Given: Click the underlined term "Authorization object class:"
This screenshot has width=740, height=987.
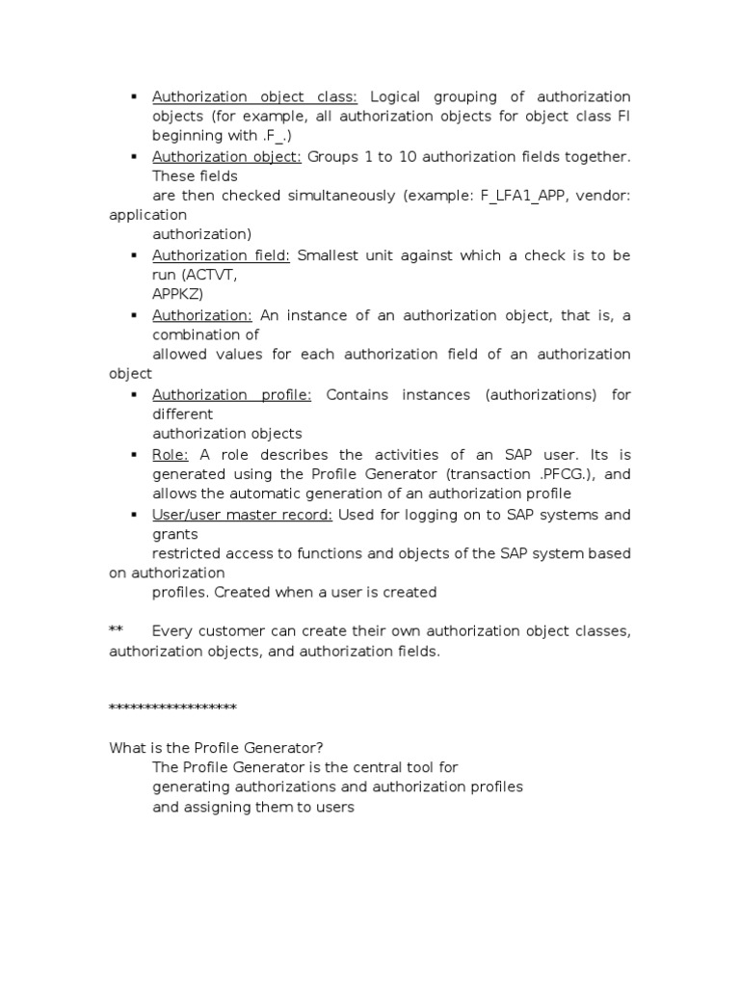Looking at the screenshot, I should coord(254,96).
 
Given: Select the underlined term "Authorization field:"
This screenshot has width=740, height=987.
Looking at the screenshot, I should coord(221,255).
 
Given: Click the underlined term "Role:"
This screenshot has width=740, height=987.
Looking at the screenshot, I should coord(171,455).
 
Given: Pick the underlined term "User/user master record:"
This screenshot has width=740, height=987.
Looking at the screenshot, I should coord(242,515).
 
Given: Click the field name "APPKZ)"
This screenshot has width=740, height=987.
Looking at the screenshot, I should coord(178,294).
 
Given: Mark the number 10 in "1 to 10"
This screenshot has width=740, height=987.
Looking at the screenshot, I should coord(407,156).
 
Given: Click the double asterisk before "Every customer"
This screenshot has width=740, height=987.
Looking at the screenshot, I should coord(116,631).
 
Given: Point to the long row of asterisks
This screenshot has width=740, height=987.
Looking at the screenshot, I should coord(172,708).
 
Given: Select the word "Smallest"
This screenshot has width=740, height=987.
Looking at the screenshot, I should coord(329,255).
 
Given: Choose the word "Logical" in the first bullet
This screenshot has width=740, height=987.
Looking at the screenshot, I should coord(397,96).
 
